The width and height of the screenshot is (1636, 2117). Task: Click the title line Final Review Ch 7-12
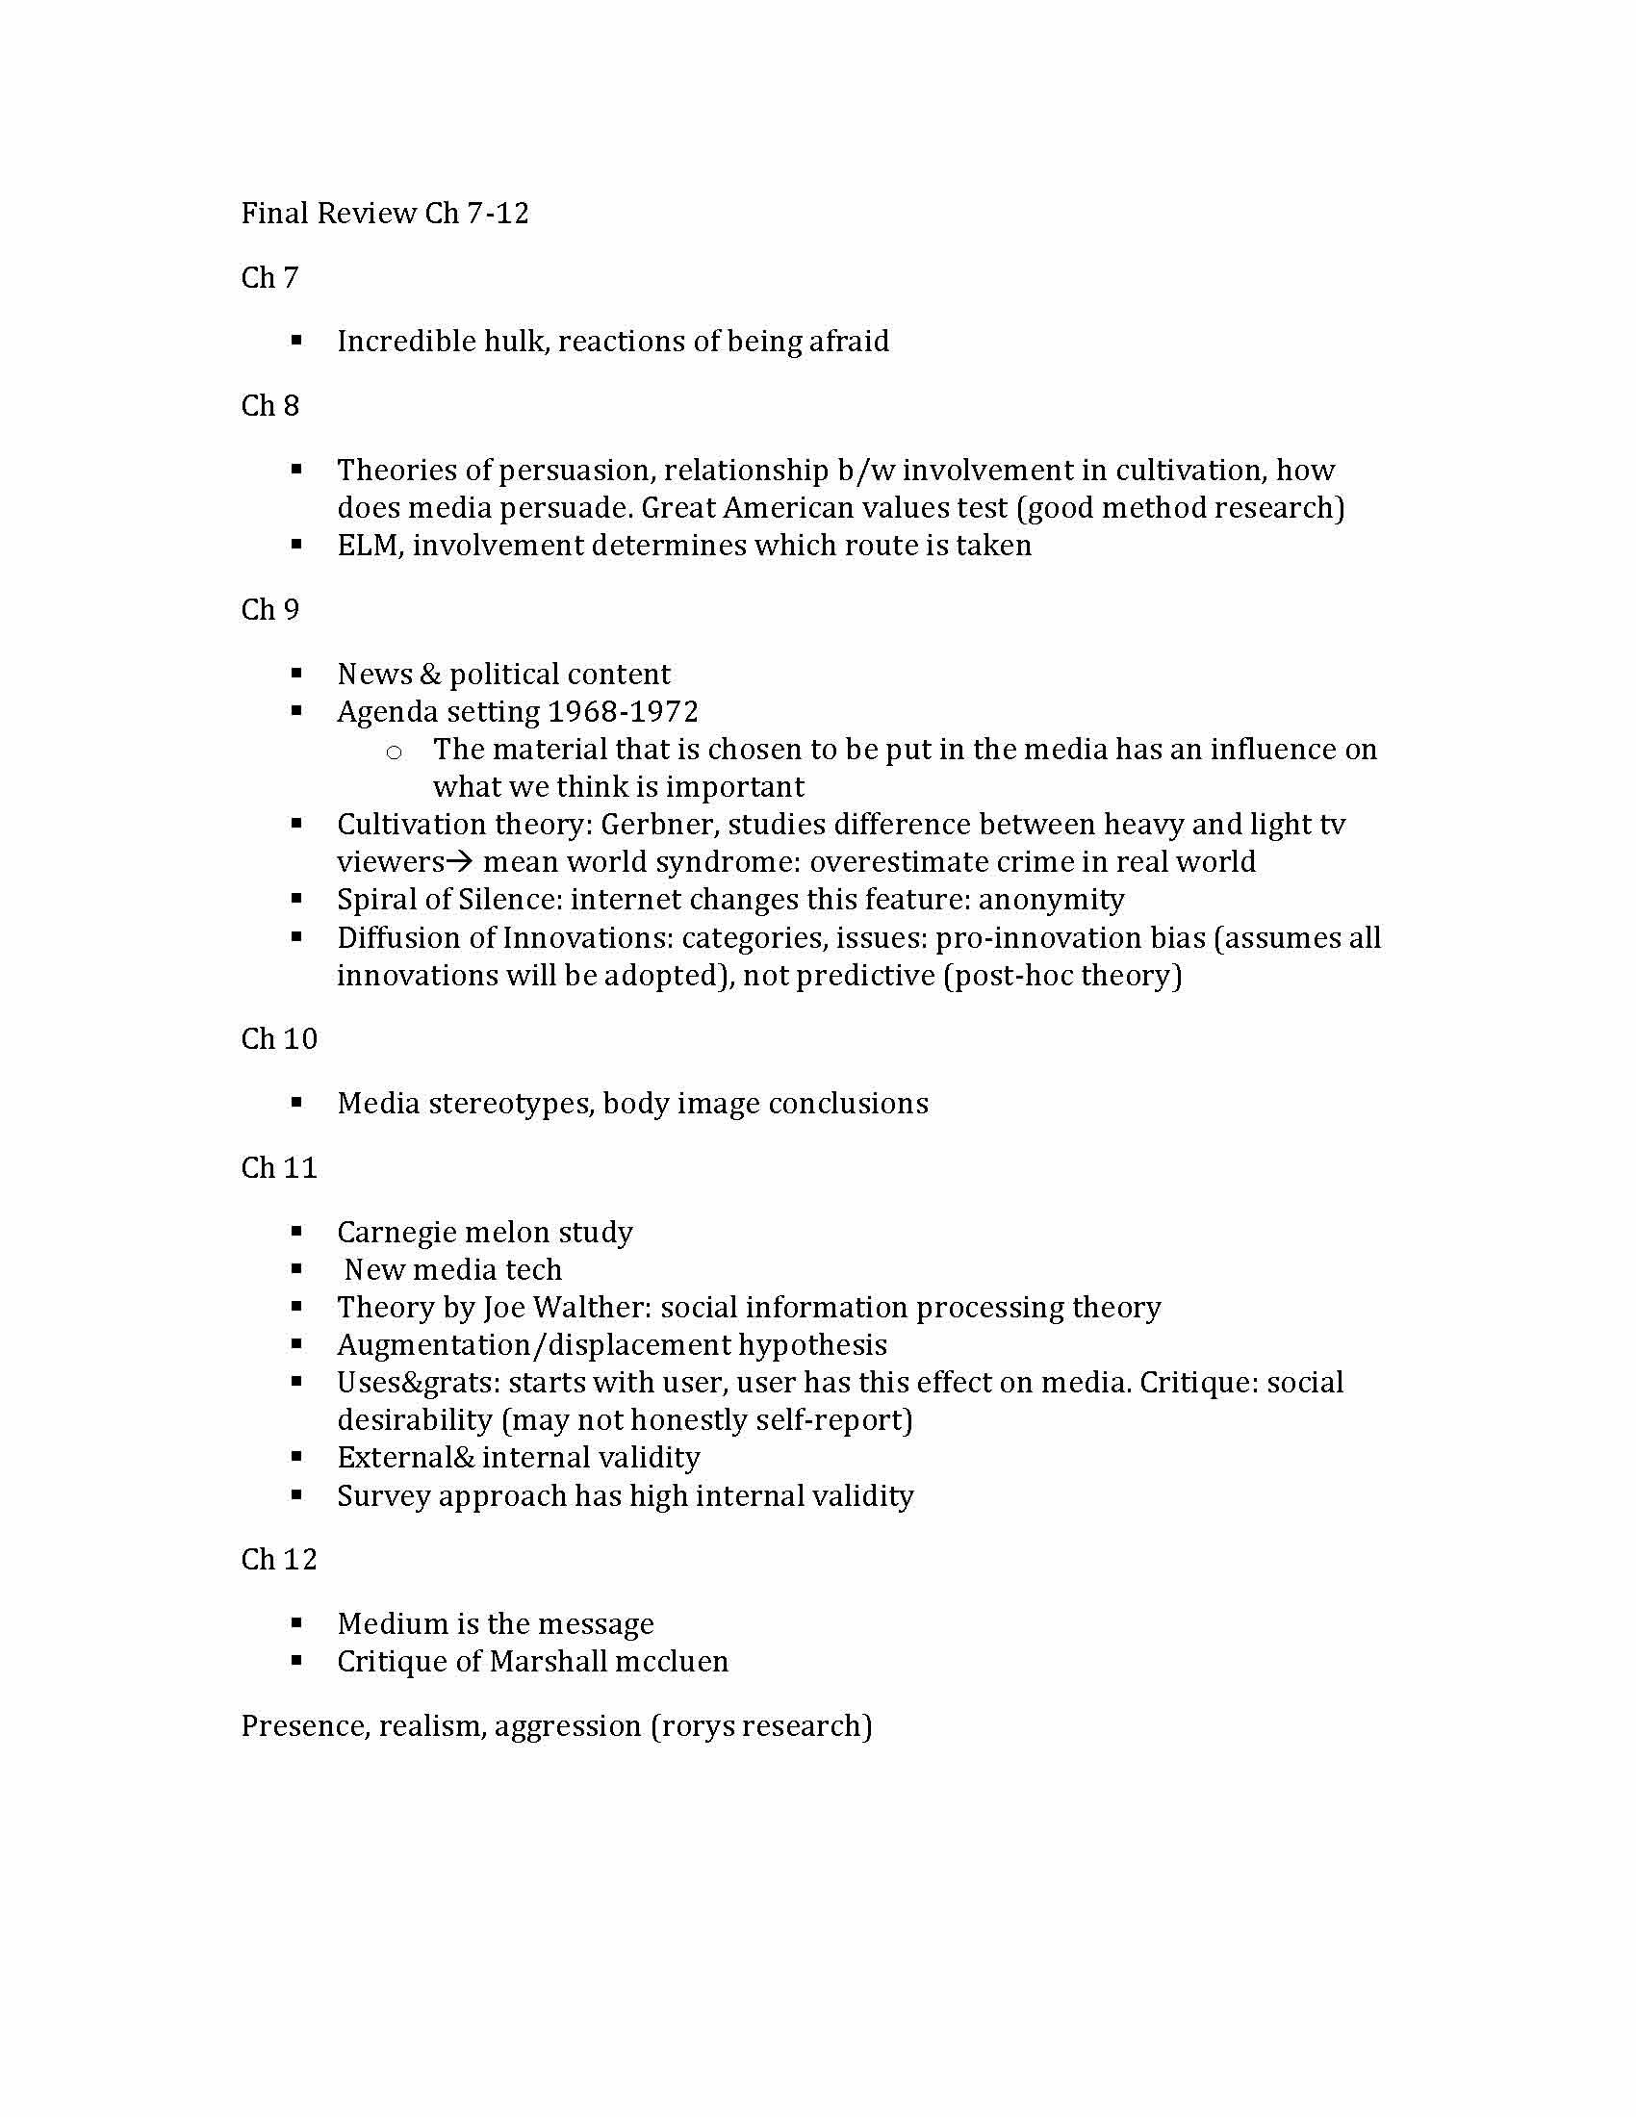(385, 214)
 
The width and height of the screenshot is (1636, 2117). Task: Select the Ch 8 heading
(269, 406)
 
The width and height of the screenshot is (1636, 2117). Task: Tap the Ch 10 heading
(279, 1039)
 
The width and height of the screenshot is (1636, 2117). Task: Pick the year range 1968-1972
(623, 712)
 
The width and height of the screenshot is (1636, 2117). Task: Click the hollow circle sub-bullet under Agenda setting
(394, 752)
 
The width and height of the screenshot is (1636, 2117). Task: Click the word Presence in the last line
(303, 1726)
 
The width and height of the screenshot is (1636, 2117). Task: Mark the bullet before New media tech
(296, 1269)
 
